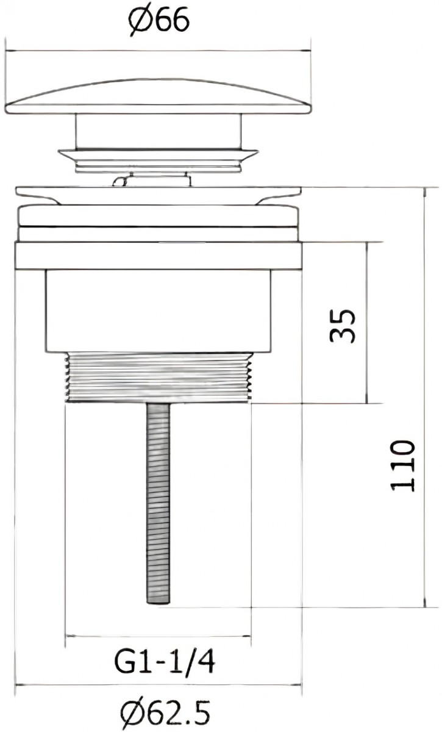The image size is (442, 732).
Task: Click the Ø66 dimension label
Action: [159, 21]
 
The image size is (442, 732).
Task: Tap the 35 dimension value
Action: [342, 326]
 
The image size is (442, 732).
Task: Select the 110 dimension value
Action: [403, 466]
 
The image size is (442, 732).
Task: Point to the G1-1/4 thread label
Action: [165, 662]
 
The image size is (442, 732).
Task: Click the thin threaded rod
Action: [159, 503]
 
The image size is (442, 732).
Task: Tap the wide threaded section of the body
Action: [159, 378]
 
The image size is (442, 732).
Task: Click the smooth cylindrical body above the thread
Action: [158, 311]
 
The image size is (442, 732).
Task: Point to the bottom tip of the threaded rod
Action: [159, 603]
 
